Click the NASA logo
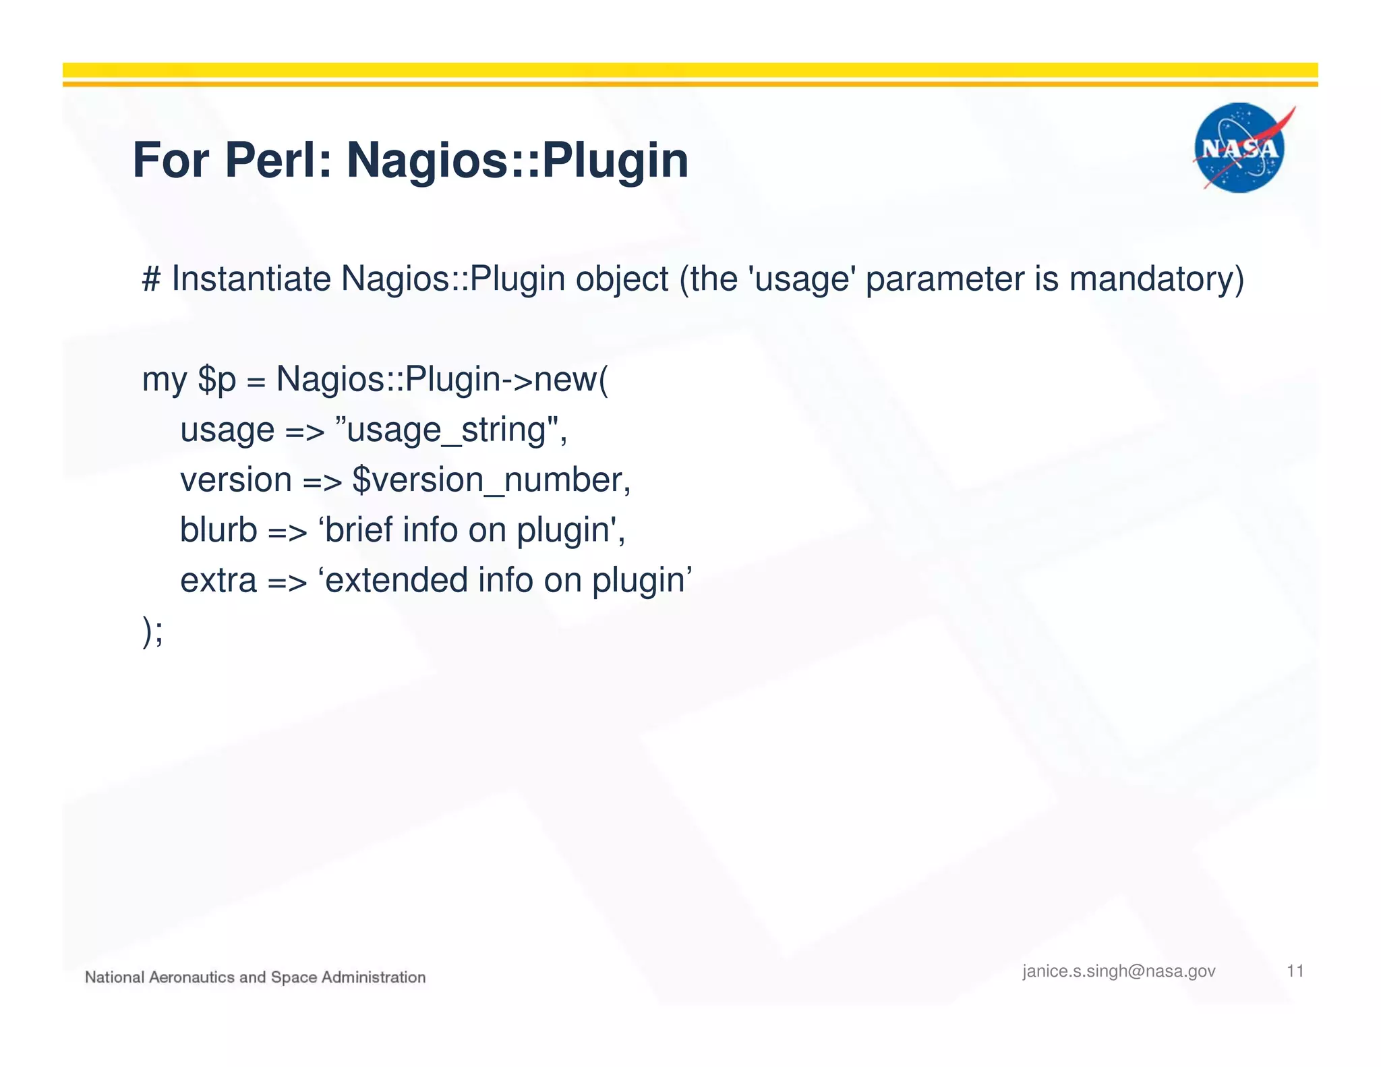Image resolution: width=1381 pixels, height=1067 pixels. point(1241,148)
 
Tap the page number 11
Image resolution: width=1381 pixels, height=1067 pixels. point(1295,971)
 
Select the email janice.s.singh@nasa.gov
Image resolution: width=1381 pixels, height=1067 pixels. point(1119,971)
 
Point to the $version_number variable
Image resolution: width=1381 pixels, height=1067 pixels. point(491,480)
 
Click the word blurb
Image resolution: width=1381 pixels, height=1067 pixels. point(218,530)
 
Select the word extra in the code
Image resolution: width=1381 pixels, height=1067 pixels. point(218,581)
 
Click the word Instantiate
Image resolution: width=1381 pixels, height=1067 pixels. point(251,279)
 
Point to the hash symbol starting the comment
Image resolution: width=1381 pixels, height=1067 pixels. point(151,279)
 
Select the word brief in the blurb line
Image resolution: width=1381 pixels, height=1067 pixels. point(359,530)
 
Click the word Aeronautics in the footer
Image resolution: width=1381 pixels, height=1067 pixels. point(191,977)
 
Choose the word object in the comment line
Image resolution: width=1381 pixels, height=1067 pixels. point(622,280)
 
